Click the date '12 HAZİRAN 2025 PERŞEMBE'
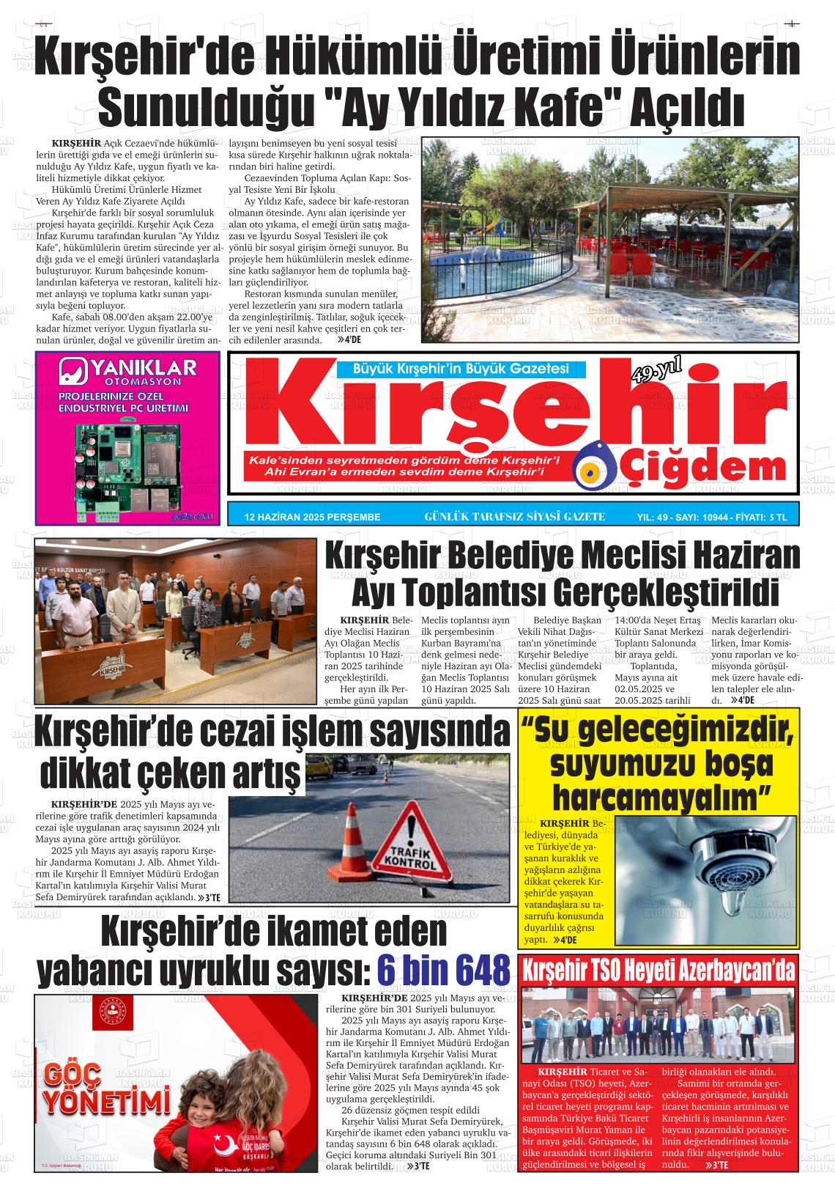313,517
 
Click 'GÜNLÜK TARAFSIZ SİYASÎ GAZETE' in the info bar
514,517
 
